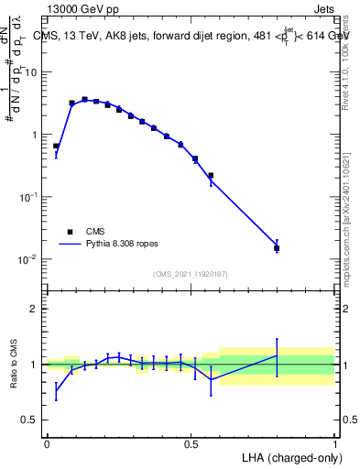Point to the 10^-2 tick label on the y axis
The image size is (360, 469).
tap(30, 259)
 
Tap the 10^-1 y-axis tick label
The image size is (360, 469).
tap(30, 197)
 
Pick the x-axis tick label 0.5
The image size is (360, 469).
tap(191, 444)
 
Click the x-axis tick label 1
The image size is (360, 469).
tap(335, 444)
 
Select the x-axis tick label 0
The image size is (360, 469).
tap(47, 444)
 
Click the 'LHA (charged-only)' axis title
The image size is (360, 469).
tap(289, 456)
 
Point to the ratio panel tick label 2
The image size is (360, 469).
tap(35, 309)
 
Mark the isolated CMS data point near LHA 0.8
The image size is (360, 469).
tap(277, 248)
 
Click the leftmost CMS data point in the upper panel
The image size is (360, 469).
tap(56, 146)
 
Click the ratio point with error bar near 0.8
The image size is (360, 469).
tap(277, 355)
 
